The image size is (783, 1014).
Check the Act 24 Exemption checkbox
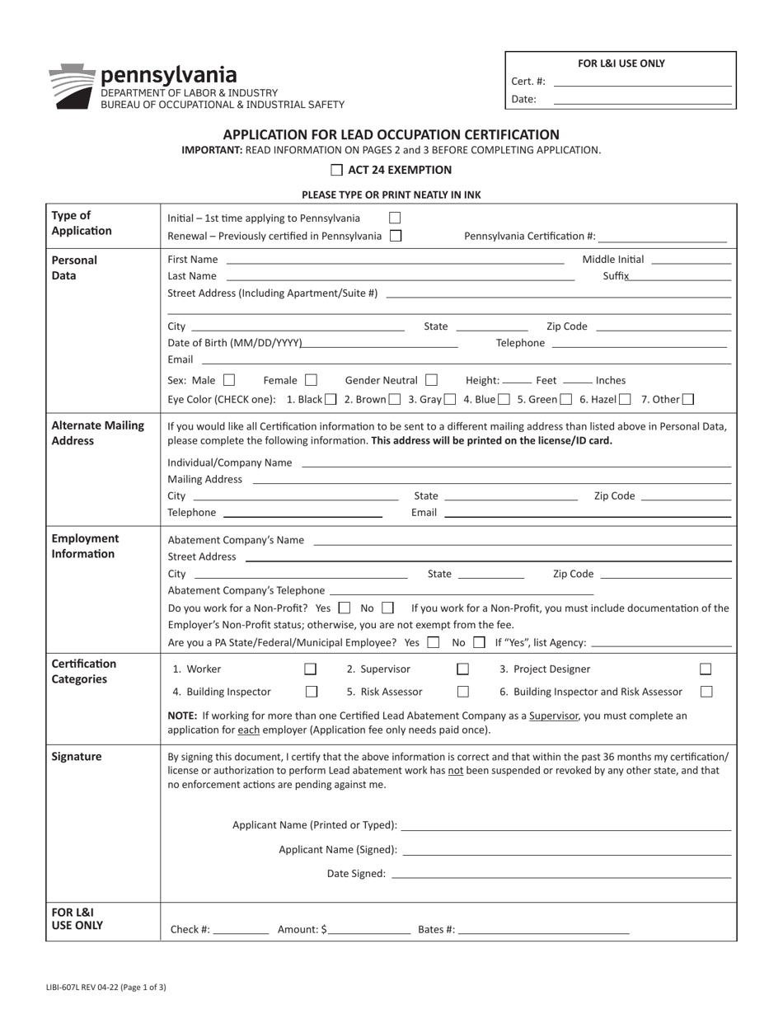(336, 171)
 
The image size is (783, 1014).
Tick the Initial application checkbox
(395, 218)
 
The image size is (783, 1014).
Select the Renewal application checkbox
(396, 236)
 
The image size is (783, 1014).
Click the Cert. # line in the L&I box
(642, 82)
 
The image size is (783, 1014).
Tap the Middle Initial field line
(690, 260)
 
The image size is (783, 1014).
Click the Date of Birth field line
(380, 344)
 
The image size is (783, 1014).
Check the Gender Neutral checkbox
(431, 381)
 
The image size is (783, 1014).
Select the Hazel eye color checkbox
(625, 400)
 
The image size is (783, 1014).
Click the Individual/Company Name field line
(516, 463)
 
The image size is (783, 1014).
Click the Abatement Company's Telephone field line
(461, 591)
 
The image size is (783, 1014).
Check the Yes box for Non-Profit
(345, 608)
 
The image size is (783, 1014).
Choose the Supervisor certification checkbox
(463, 669)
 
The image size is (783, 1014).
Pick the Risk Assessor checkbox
(463, 692)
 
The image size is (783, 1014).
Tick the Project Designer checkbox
(706, 669)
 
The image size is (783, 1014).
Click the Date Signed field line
(561, 874)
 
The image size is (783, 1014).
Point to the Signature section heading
(77, 757)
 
